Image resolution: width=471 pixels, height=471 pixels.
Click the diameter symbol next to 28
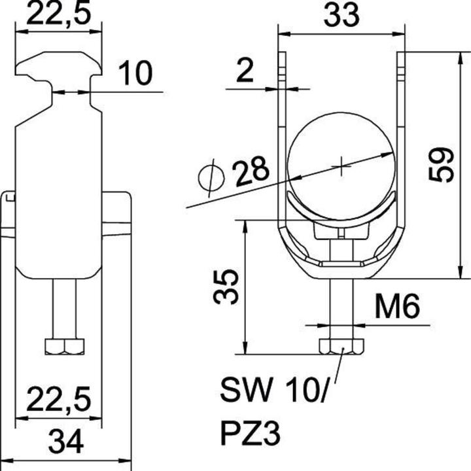[x=210, y=179]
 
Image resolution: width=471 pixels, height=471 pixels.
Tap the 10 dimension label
[x=136, y=74]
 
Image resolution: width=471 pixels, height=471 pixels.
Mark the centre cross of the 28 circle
[x=341, y=165]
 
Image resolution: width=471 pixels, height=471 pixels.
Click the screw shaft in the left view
[x=64, y=307]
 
